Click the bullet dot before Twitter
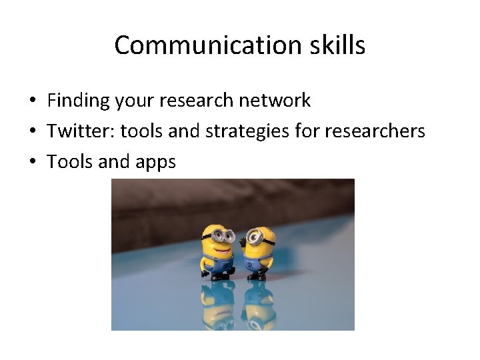[x=32, y=132]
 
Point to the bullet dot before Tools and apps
[x=32, y=162]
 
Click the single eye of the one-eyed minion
[x=254, y=237]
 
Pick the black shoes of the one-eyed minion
[x=257, y=275]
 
